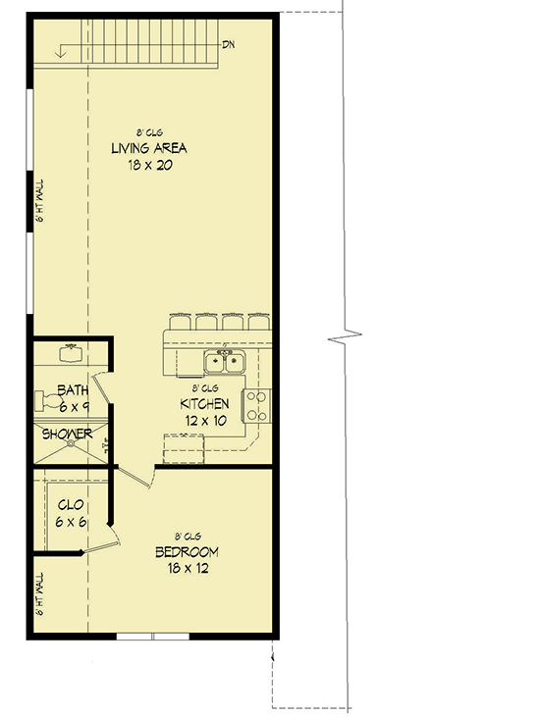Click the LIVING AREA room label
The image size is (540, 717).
click(x=148, y=148)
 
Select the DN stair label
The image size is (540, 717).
click(x=229, y=44)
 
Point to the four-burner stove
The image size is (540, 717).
click(x=256, y=405)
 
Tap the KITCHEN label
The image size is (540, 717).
click(x=204, y=403)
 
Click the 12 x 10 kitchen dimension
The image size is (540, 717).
click(x=204, y=419)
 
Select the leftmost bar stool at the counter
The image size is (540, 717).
click(x=181, y=321)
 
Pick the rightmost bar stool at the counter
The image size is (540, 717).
click(x=257, y=321)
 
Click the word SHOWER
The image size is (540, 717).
click(x=66, y=434)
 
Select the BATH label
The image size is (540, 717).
click(x=72, y=389)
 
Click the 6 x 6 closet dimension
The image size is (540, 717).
click(x=71, y=523)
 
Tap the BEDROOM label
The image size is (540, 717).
click(x=187, y=552)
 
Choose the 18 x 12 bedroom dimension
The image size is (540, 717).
click(x=187, y=568)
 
